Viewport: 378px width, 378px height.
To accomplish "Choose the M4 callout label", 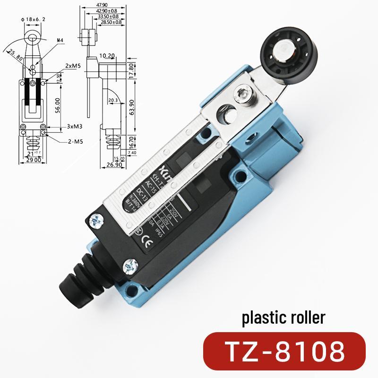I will (60, 41).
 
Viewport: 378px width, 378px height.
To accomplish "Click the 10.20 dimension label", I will (108, 55).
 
